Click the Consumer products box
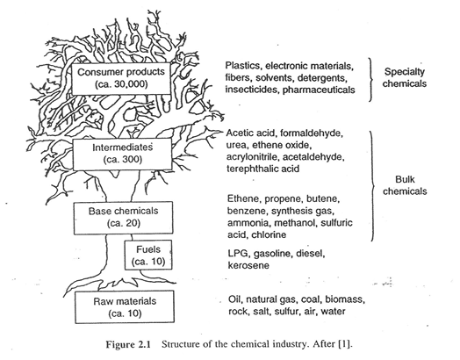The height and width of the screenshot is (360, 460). pyautogui.click(x=121, y=78)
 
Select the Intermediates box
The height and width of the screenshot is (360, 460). pyautogui.click(x=122, y=155)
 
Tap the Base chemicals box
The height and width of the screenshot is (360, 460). pyautogui.click(x=123, y=218)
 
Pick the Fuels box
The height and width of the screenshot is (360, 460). pyautogui.click(x=148, y=255)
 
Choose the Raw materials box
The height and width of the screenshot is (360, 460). pyautogui.click(x=125, y=307)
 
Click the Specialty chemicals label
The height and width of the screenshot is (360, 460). pyautogui.click(x=405, y=77)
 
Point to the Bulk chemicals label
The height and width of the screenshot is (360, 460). pyautogui.click(x=405, y=185)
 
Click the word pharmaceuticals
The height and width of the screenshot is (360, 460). pyautogui.click(x=319, y=90)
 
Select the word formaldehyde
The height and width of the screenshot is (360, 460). pyautogui.click(x=312, y=133)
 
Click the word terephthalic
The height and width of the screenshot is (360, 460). pyautogui.click(x=254, y=169)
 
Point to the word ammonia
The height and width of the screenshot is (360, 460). pyautogui.click(x=249, y=223)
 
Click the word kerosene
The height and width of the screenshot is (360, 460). pyautogui.click(x=248, y=265)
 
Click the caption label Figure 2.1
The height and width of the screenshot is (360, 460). pyautogui.click(x=128, y=344)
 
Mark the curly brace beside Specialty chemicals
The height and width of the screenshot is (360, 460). pyautogui.click(x=371, y=80)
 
